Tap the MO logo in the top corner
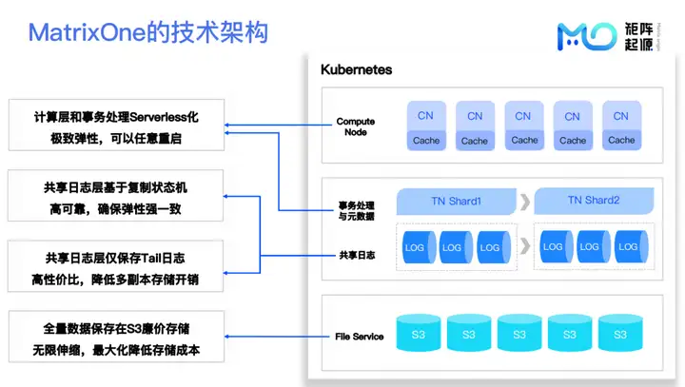click(x=586, y=35)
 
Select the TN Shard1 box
click(x=456, y=201)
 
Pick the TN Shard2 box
click(x=593, y=201)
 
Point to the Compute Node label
click(x=355, y=126)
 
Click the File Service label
click(x=360, y=337)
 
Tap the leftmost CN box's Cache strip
click(x=425, y=141)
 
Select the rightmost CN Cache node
click(x=620, y=127)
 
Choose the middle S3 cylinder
click(x=519, y=335)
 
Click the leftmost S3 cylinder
click(x=418, y=335)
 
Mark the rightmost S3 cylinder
click(x=619, y=335)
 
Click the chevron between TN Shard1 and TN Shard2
click(x=524, y=201)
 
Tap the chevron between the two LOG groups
click(x=524, y=246)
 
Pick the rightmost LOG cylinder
click(x=625, y=246)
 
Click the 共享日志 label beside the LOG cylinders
click(x=357, y=255)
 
